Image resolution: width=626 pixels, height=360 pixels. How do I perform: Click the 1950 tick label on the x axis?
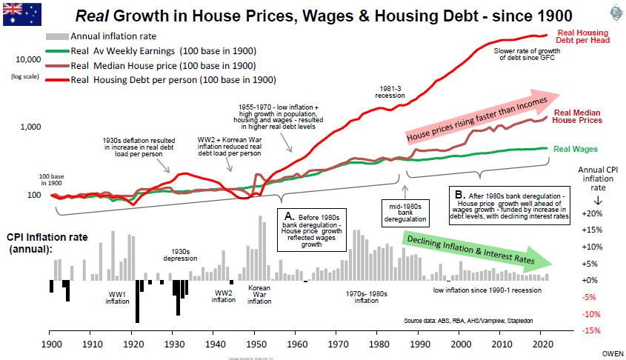pos(256,345)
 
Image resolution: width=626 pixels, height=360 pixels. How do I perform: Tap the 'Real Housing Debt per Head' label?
pos(582,37)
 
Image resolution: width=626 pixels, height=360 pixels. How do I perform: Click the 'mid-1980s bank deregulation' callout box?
pos(404,210)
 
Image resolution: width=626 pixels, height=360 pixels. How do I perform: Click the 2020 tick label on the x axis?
pos(542,345)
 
